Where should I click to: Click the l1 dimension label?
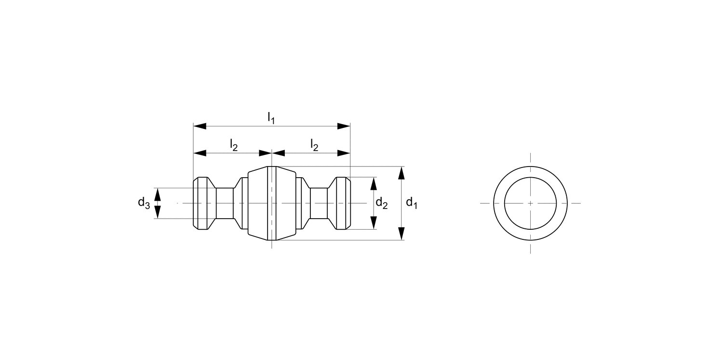(271, 117)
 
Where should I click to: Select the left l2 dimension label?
(233, 145)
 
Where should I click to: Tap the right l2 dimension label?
(314, 145)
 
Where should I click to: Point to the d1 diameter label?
(411, 203)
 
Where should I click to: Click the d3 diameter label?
(144, 203)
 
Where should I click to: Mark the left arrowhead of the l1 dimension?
(200, 126)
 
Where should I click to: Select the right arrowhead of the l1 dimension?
(344, 126)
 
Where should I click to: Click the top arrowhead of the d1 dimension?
(402, 172)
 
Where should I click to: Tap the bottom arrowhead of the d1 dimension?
(402, 234)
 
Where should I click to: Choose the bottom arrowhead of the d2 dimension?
(374, 223)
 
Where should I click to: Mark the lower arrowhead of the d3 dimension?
(157, 212)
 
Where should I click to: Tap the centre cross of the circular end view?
(530, 203)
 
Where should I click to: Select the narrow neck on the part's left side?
(225, 203)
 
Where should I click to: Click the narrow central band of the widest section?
(272, 203)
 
